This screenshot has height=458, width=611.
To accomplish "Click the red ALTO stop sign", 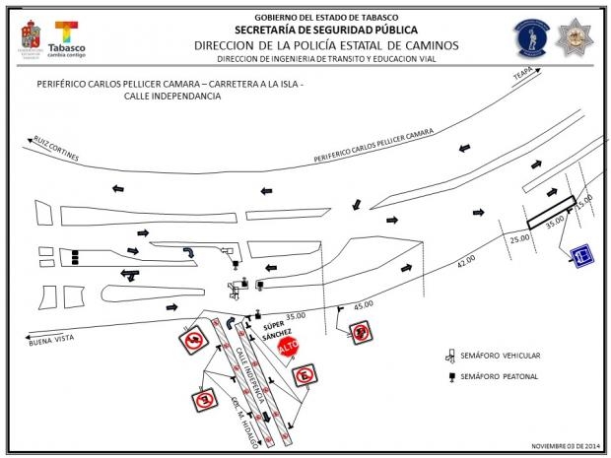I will pyautogui.click(x=288, y=349).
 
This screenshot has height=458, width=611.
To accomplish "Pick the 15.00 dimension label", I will pyautogui.click(x=584, y=201).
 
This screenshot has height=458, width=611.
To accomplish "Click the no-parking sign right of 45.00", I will pyautogui.click(x=361, y=332).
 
